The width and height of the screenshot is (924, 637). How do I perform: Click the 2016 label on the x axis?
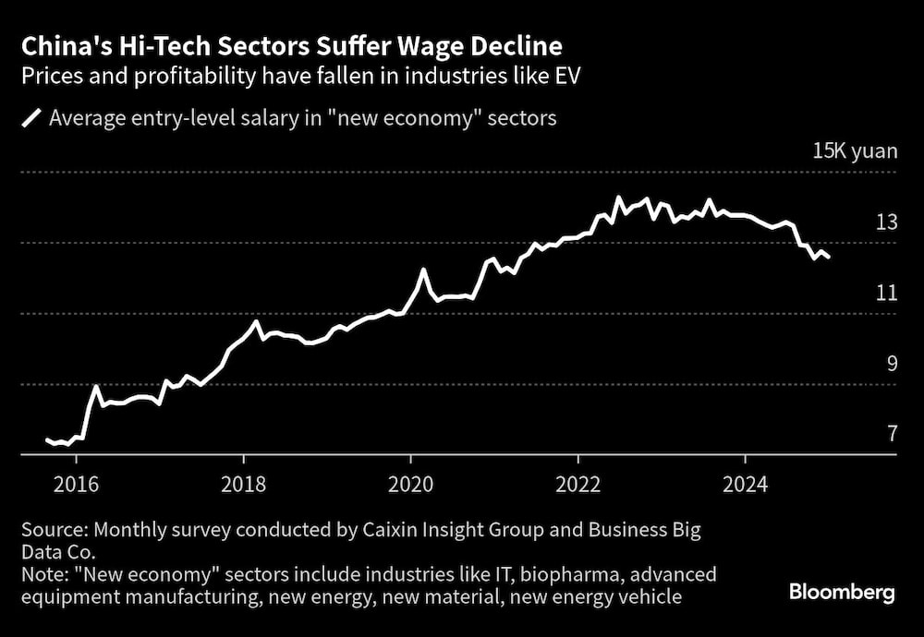[76, 485]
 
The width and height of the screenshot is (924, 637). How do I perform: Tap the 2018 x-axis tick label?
[243, 485]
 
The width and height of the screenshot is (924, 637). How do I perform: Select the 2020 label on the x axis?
[410, 485]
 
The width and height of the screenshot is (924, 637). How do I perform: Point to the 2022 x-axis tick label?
[577, 485]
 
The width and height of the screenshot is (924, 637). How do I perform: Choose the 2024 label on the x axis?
[745, 485]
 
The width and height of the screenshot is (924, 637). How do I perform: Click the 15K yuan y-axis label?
[855, 151]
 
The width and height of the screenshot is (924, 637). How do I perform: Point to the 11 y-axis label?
[887, 293]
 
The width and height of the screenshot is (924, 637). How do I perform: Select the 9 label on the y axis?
[893, 363]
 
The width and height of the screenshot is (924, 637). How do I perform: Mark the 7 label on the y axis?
[893, 433]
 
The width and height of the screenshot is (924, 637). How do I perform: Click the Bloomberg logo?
[842, 593]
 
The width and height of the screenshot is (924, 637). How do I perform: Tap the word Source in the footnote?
[51, 531]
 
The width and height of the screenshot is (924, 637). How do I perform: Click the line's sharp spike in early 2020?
[423, 270]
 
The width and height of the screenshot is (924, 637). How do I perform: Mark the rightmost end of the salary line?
[829, 258]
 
